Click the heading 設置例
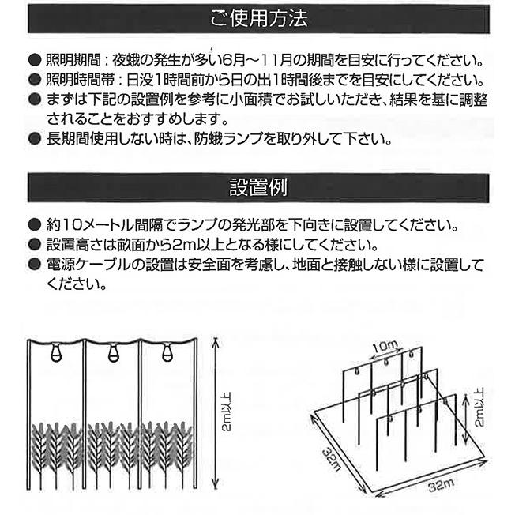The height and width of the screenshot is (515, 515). (x=257, y=189)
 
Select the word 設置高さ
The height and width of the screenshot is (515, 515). (x=62, y=243)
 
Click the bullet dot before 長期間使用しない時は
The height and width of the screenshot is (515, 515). (x=32, y=140)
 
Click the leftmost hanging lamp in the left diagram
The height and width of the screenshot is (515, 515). (x=55, y=355)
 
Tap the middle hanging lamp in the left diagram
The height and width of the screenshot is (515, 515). (x=111, y=355)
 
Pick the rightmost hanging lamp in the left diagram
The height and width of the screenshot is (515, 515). (x=167, y=355)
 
